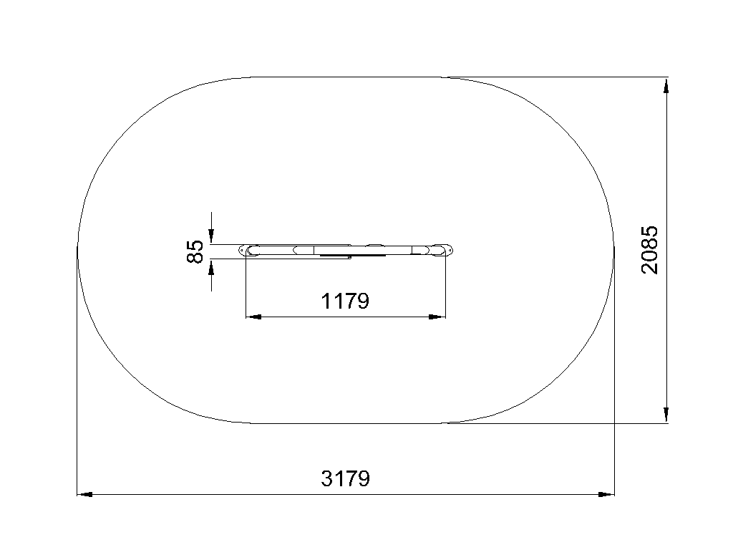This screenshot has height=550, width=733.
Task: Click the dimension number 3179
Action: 346,478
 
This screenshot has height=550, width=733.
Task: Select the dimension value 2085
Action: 650,250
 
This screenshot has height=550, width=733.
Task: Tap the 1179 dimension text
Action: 345,301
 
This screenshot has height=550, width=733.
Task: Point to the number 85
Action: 195,251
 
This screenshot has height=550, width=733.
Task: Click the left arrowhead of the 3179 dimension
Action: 84,494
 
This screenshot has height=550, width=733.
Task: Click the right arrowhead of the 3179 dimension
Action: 607,494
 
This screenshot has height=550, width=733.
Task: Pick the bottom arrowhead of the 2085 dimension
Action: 666,415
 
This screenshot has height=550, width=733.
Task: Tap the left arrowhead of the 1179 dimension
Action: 253,317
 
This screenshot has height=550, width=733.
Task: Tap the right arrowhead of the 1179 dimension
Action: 437,317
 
